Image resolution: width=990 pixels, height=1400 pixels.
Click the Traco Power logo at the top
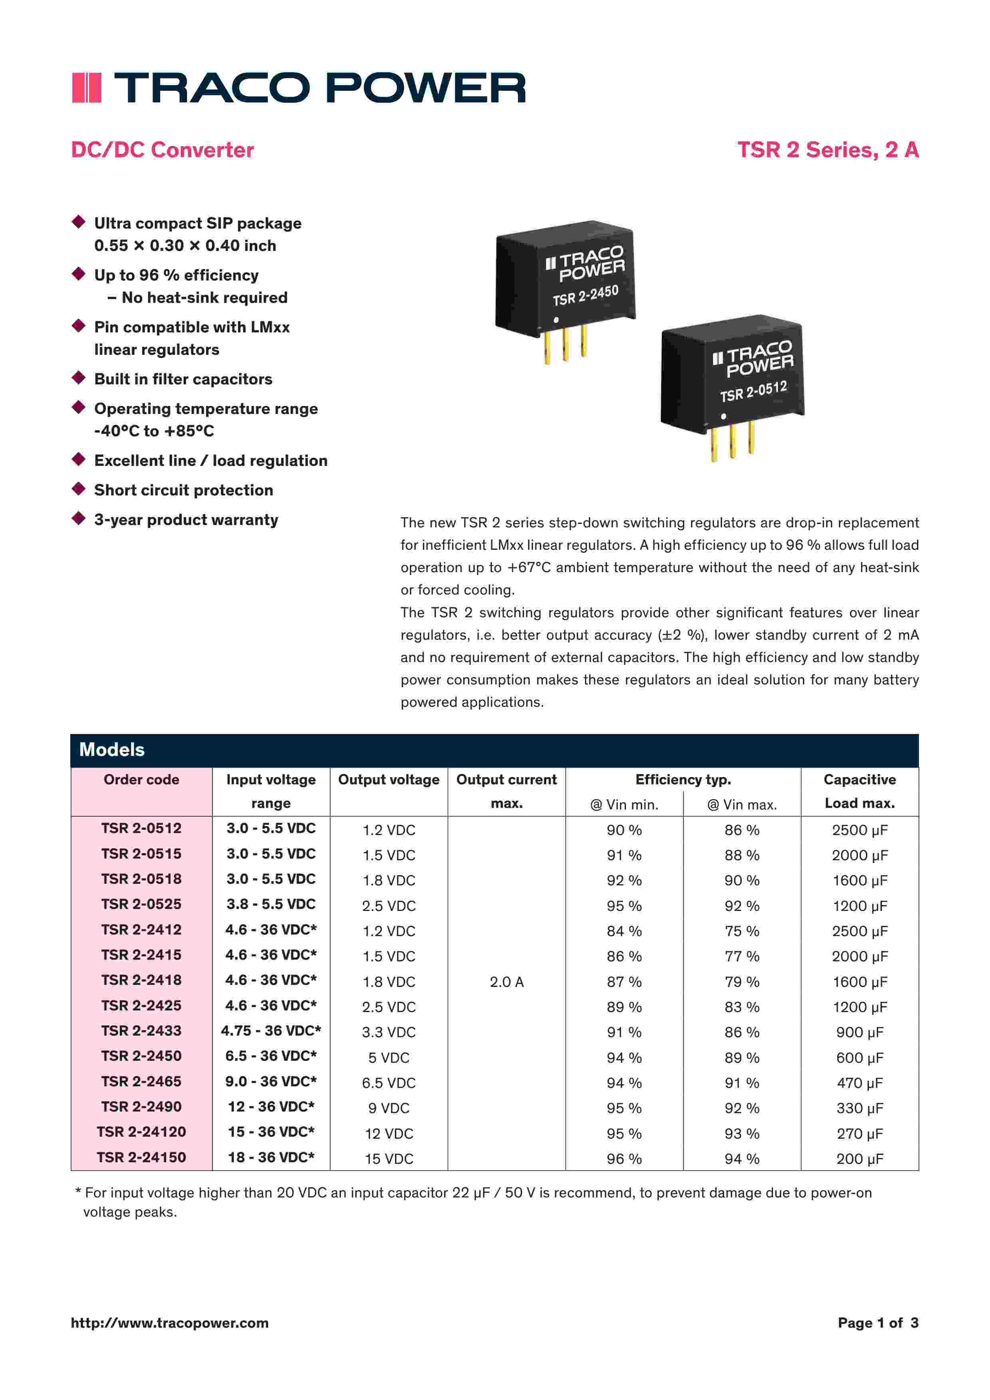pyautogui.click(x=299, y=87)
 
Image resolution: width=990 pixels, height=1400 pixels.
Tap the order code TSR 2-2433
pyautogui.click(x=141, y=1030)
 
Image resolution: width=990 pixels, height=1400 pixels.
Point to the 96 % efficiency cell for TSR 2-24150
pyautogui.click(x=624, y=1159)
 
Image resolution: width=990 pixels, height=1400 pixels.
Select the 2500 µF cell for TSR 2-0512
pyautogui.click(x=859, y=830)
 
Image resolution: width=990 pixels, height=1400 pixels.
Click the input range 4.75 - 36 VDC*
pyautogui.click(x=271, y=1030)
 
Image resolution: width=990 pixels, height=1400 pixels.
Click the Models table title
pyautogui.click(x=112, y=750)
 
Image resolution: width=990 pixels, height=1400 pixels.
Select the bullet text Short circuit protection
pyautogui.click(x=183, y=490)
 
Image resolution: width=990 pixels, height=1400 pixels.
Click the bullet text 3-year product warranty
pyautogui.click(x=186, y=519)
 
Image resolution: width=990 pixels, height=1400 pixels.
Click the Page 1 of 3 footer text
pyautogui.click(x=877, y=1322)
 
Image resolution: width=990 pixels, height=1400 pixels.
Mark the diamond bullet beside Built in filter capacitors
pyautogui.click(x=79, y=378)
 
